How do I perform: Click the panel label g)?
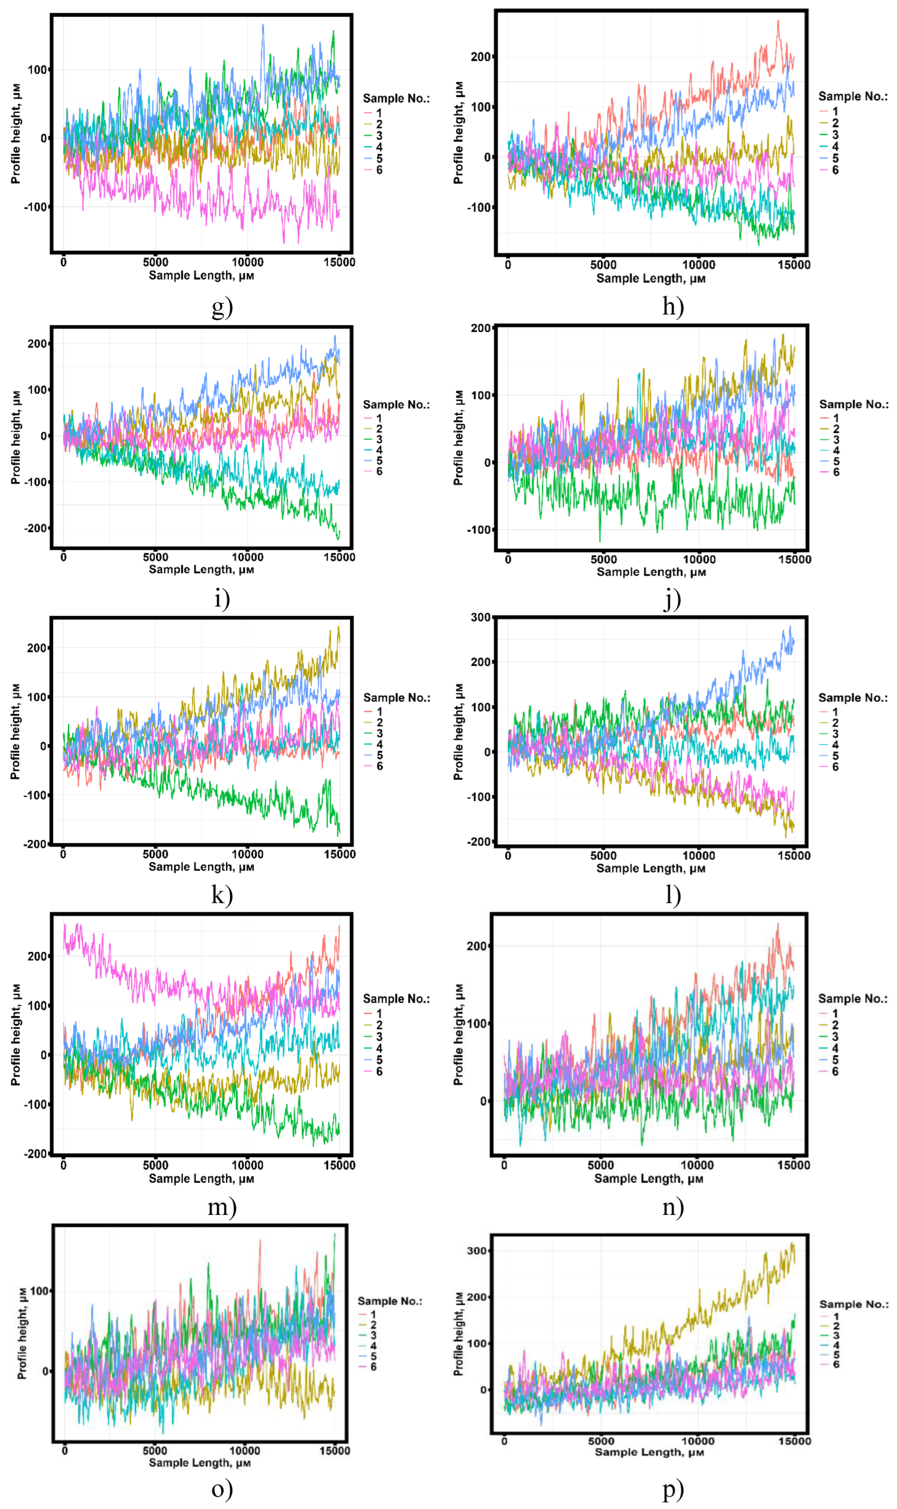(x=222, y=307)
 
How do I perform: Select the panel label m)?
(x=222, y=1206)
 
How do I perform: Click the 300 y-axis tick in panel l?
(x=481, y=617)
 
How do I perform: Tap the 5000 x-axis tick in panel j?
(x=603, y=559)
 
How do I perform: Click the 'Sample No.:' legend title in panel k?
(x=397, y=698)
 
